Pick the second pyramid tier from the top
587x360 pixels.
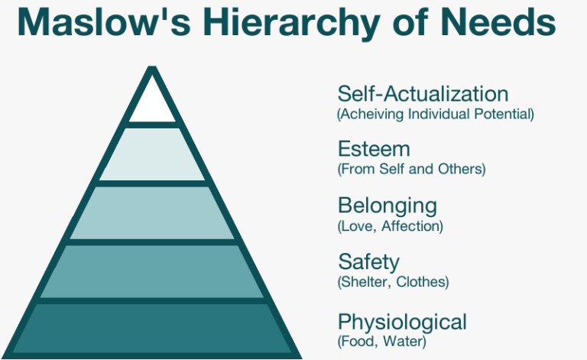(154, 154)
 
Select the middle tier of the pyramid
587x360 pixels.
(154, 212)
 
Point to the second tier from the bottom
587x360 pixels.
(154, 272)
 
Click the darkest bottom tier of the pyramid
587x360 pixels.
(154, 329)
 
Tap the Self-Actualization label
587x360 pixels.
(423, 94)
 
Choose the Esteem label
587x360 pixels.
(374, 149)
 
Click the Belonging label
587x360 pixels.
(388, 206)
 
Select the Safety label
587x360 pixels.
(368, 262)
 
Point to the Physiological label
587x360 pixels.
(402, 320)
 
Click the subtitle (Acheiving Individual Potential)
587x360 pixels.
(435, 114)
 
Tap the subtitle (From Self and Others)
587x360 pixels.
(411, 169)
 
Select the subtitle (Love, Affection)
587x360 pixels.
(390, 225)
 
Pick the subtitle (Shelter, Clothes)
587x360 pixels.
(393, 282)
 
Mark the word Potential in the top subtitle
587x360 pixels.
(506, 114)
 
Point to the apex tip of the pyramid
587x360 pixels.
(154, 69)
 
